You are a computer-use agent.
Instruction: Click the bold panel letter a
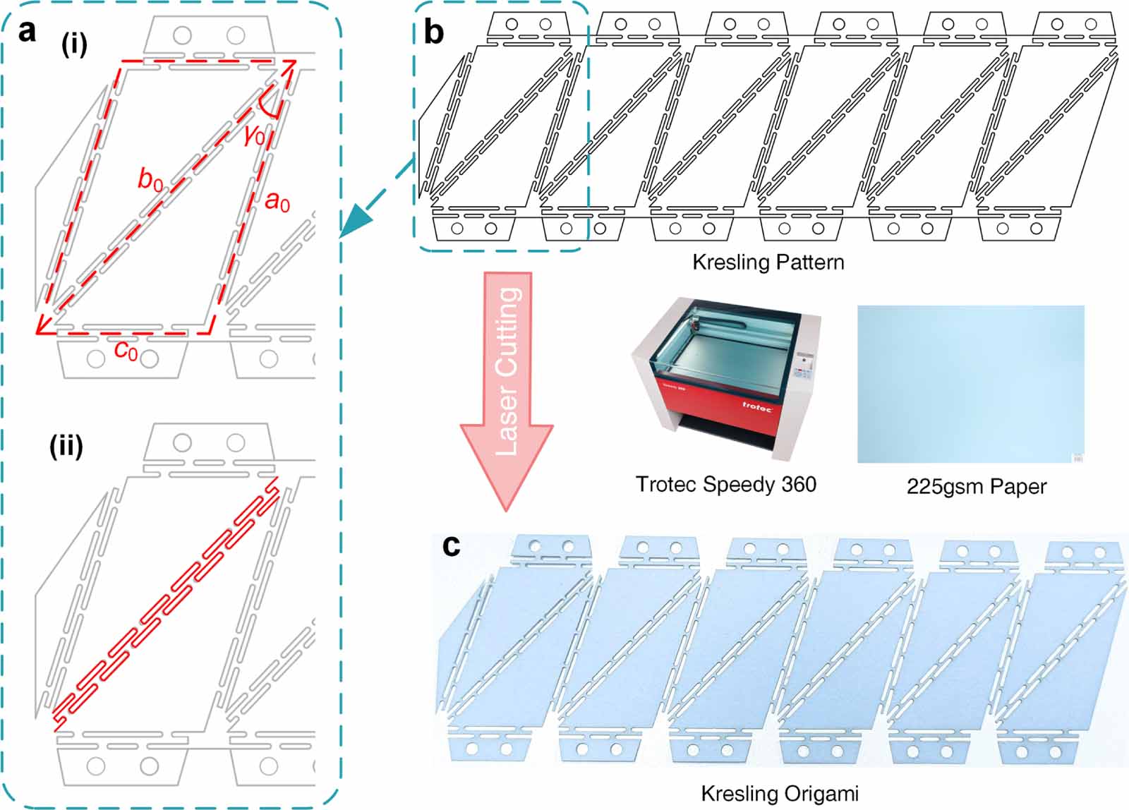coord(27,32)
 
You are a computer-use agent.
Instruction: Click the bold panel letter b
coord(433,32)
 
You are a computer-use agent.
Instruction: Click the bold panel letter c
coord(451,545)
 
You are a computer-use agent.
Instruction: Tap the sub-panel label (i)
coord(74,44)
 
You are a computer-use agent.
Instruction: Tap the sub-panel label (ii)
coord(66,446)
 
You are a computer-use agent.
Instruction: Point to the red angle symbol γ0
coord(254,134)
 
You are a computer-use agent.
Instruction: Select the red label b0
coord(150,180)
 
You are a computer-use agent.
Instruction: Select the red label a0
coord(277,202)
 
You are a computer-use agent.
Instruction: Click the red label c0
coord(126,349)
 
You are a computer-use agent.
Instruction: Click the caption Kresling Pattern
coord(768,262)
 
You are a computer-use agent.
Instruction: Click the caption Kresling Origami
coord(779,794)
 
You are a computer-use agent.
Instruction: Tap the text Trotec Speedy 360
coord(725,484)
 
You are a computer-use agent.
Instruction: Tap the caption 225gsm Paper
coord(976,486)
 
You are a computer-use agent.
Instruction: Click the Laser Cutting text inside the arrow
coord(508,370)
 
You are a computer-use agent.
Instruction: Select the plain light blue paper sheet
coord(970,384)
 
